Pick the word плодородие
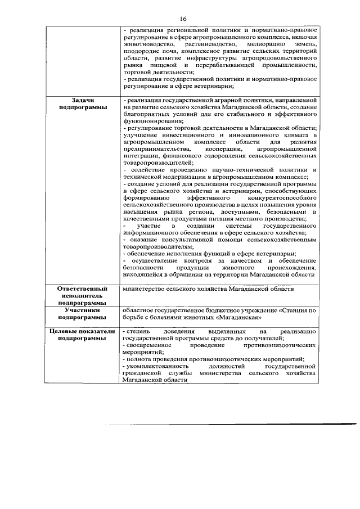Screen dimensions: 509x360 [139, 51]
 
